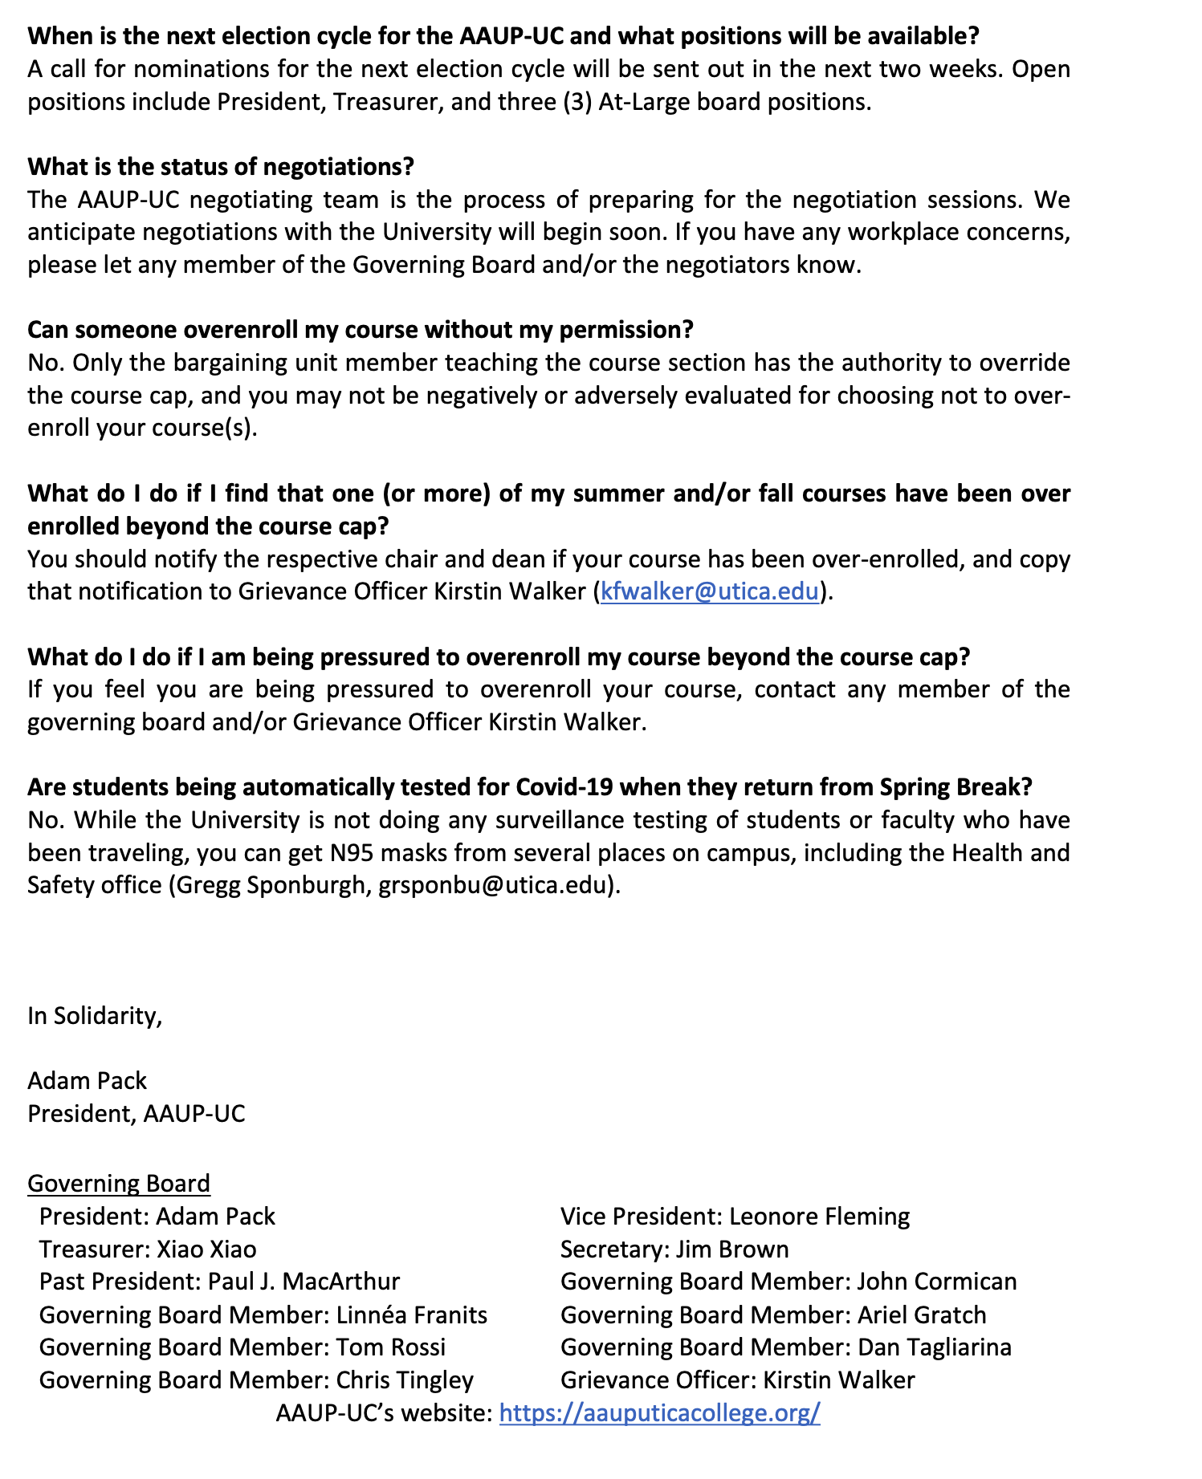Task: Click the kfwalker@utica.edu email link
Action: [710, 591]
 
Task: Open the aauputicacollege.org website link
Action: [659, 1412]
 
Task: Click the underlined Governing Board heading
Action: [119, 1183]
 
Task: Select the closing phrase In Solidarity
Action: [95, 1016]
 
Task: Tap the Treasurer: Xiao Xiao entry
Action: [148, 1249]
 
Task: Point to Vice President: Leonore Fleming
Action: [735, 1216]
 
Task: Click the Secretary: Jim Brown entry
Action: [674, 1249]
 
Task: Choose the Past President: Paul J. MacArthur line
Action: [219, 1282]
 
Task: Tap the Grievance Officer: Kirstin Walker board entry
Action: [737, 1379]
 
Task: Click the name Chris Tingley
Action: [405, 1379]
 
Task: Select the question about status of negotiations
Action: [221, 166]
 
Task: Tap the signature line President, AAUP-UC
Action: [136, 1113]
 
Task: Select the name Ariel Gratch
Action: [922, 1314]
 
